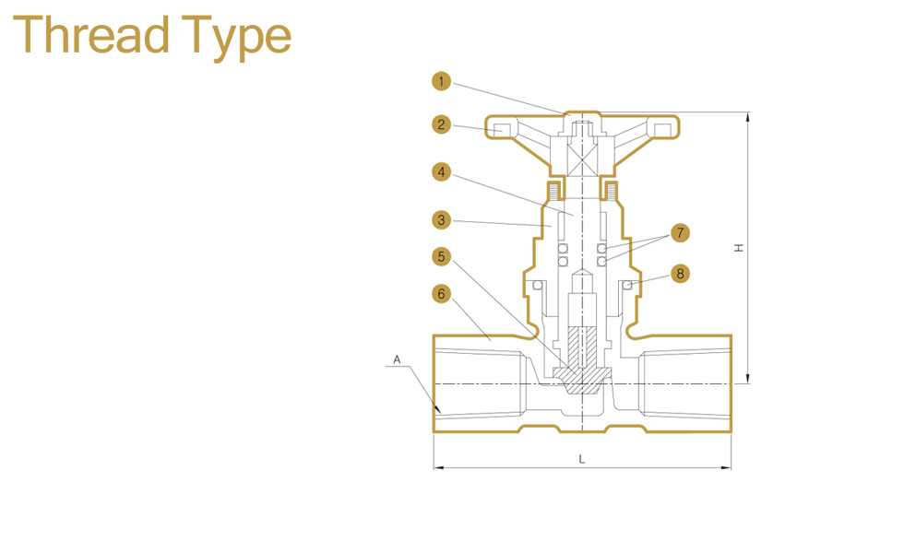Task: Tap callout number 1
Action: tap(442, 81)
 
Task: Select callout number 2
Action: tap(442, 124)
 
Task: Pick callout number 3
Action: tap(442, 219)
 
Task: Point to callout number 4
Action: tap(442, 171)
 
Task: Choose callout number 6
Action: tap(442, 294)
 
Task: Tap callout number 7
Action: tap(680, 232)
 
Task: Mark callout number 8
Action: tap(680, 273)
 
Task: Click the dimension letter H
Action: tap(738, 248)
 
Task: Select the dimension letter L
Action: tap(581, 458)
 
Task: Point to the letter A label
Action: tap(397, 359)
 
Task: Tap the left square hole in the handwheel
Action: tap(503, 127)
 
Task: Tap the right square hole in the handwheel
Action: tap(661, 127)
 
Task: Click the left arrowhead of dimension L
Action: tap(437, 467)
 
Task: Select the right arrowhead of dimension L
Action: tap(728, 467)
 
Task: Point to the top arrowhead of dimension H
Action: tap(748, 116)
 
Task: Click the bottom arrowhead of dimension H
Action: tap(748, 379)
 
